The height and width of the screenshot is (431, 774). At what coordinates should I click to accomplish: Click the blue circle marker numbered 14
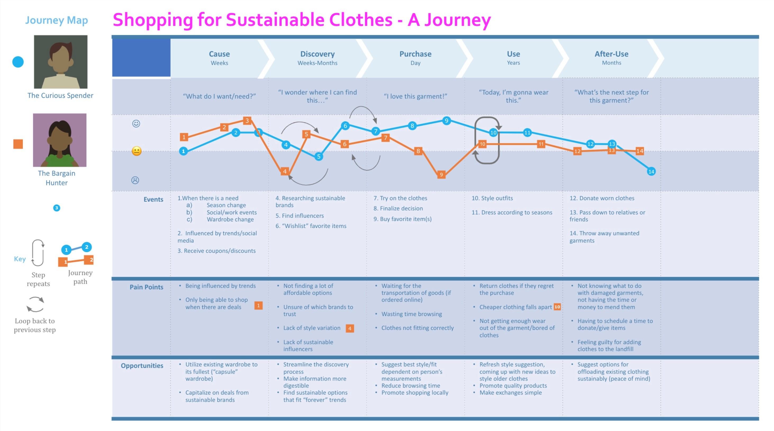pos(651,172)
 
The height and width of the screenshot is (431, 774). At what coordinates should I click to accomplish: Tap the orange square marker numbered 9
pos(441,175)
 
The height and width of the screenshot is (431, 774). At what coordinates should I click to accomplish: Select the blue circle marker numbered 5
pos(319,156)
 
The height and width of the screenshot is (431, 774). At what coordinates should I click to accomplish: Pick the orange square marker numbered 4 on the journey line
pos(285,172)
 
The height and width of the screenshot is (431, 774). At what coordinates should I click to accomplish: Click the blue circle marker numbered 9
pos(447,121)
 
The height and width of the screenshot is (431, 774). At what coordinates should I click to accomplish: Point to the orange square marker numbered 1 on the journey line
pos(184,137)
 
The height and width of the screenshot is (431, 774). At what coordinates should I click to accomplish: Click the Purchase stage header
pos(415,58)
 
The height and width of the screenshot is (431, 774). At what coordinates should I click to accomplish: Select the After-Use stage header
pos(611,58)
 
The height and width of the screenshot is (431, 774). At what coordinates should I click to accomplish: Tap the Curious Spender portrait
pos(61,62)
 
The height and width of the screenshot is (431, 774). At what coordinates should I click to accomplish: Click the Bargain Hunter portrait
pos(60,140)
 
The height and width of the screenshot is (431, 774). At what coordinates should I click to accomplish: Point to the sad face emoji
pos(135,180)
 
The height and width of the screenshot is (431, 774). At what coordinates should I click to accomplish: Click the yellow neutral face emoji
pos(136,151)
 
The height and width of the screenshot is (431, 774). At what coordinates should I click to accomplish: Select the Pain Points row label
pos(146,287)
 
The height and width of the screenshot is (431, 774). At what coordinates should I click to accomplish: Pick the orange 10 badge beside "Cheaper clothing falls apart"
pos(557,307)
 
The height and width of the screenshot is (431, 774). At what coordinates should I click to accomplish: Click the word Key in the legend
pos(20,259)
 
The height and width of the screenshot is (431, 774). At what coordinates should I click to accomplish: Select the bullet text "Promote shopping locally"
pos(415,393)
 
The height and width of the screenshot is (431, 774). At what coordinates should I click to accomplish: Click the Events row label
pos(153,199)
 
